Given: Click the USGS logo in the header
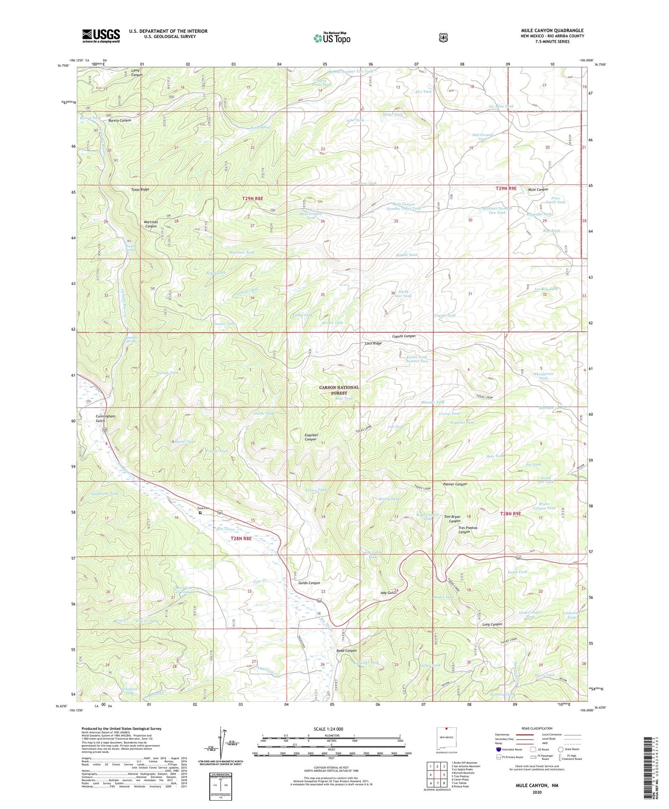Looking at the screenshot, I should tap(101, 36).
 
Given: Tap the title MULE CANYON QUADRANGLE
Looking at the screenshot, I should tap(552, 30).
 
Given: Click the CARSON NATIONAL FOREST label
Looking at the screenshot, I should tap(338, 390).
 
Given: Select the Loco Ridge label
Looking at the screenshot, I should tap(373, 343).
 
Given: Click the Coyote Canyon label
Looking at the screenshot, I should tap(404, 336).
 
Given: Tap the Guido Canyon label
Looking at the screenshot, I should tap(309, 583).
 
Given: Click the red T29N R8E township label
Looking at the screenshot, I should tap(252, 198).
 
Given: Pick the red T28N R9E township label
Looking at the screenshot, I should tap(511, 513).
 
